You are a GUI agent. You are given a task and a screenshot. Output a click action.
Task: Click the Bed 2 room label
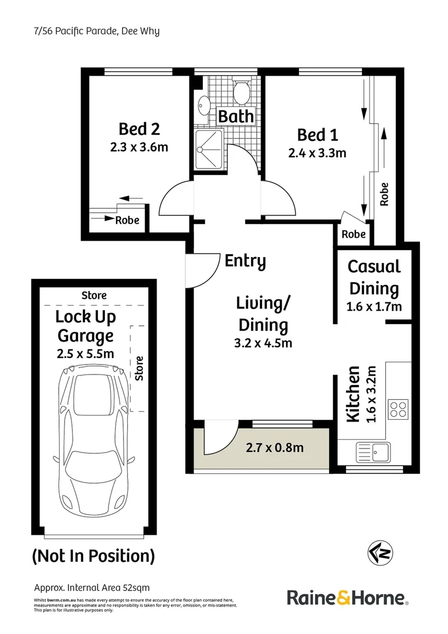coord(139,128)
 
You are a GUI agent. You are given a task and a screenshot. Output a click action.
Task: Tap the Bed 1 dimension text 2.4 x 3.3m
coord(317,154)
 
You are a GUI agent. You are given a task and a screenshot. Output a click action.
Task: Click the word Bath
coord(236,116)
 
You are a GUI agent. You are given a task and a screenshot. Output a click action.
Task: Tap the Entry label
coord(245,261)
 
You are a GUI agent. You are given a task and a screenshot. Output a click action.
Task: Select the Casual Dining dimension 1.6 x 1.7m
coord(374,306)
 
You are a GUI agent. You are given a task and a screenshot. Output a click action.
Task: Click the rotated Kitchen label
coord(353,394)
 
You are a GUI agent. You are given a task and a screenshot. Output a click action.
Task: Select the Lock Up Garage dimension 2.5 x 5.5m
coord(85,353)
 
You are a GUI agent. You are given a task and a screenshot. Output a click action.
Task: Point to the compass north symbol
coord(380,552)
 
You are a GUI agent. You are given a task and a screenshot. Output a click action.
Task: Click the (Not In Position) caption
coord(93,555)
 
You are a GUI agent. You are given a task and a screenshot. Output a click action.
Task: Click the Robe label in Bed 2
coord(127,221)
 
